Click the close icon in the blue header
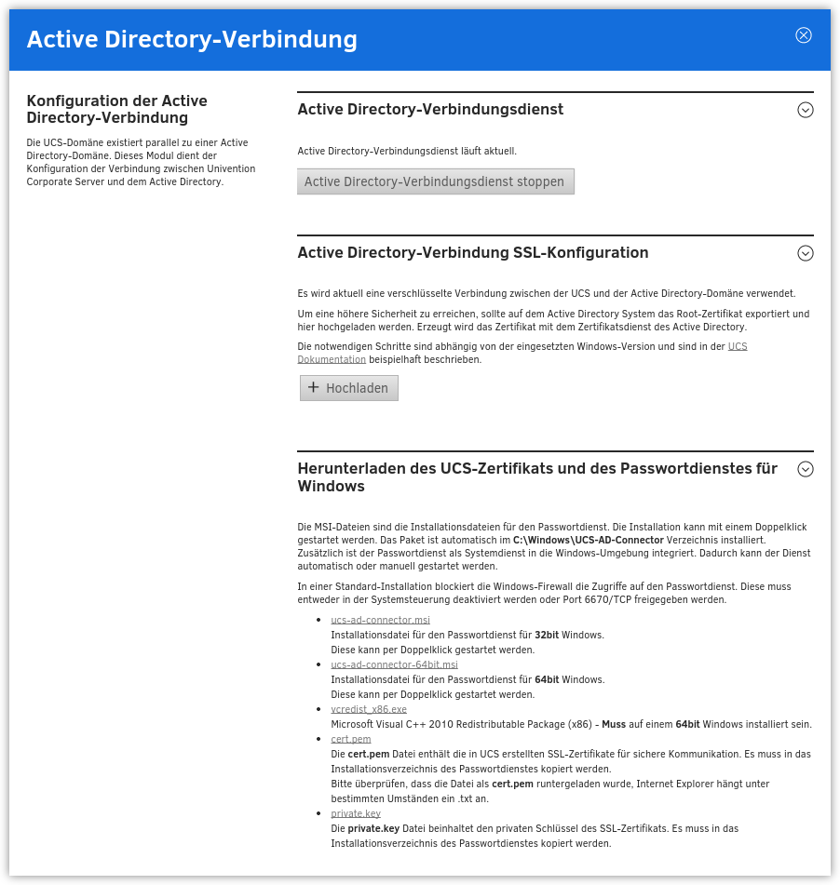coord(804,35)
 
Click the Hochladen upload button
coord(349,388)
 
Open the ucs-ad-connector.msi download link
coord(380,620)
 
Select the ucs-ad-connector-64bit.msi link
coord(394,664)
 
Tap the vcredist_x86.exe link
coord(369,709)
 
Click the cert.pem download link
coord(351,739)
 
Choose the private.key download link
coord(356,813)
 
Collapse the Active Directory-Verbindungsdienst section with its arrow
coord(806,110)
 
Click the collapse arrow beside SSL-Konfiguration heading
coord(806,253)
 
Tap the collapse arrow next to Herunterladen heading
coord(806,470)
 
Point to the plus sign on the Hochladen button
coord(313,387)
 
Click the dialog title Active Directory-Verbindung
coord(192,39)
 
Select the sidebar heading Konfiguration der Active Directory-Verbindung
coord(117,109)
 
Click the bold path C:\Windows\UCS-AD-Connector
coord(588,540)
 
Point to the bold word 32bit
coord(546,635)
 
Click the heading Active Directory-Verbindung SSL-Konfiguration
coord(473,253)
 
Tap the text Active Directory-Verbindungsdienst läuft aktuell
coord(407,151)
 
